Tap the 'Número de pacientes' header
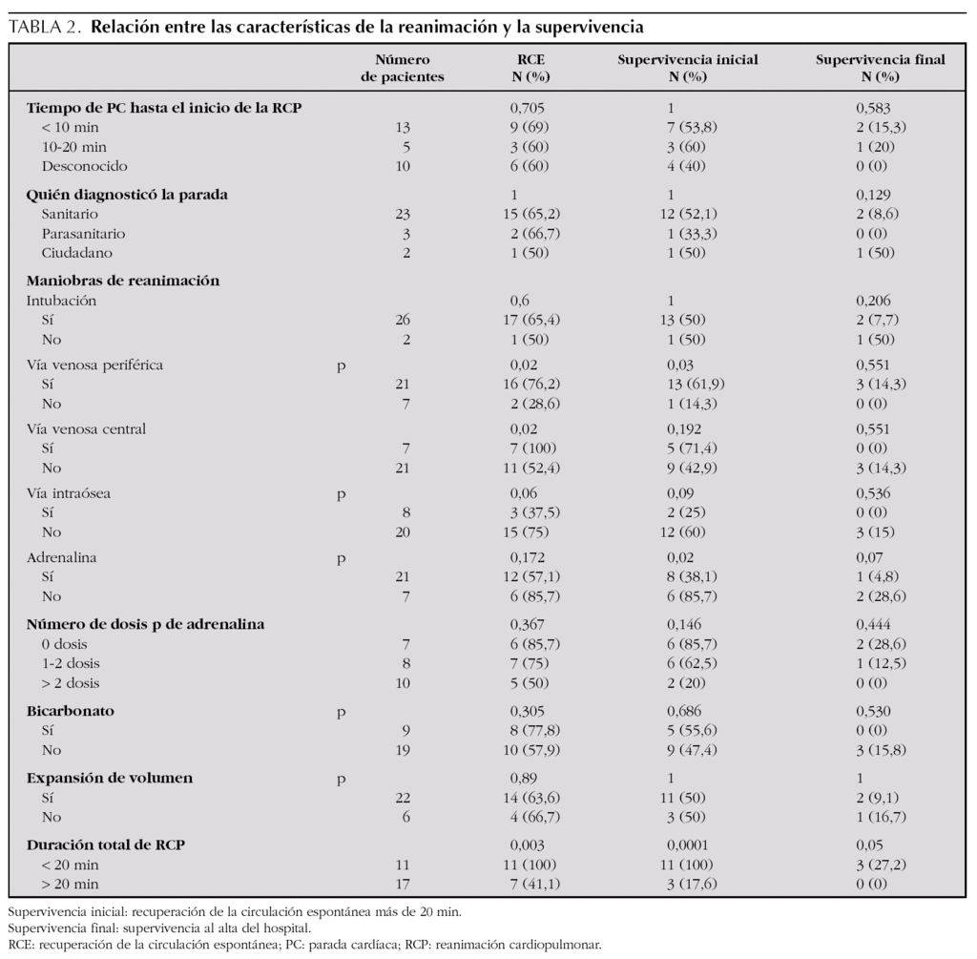tap(402, 68)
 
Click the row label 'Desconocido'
tap(84, 166)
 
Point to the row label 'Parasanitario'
tap(83, 233)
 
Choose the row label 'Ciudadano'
tap(75, 252)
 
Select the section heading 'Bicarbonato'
tap(69, 710)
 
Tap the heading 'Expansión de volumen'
tap(109, 778)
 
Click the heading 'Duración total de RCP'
tap(111, 844)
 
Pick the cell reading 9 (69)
tap(532, 127)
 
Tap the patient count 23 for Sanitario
tap(403, 214)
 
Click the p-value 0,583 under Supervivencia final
tap(873, 108)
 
